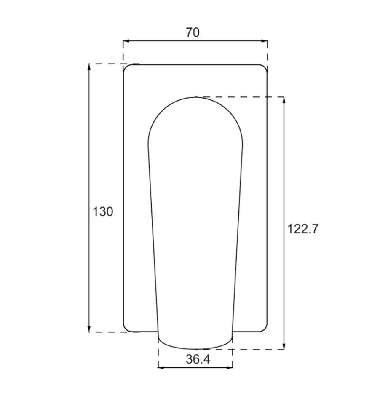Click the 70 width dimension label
coord(193,32)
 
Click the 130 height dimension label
coord(103,212)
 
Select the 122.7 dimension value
coord(303,229)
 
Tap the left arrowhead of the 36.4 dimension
coord(161,368)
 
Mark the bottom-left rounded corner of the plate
coord(125,330)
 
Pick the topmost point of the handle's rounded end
coord(195,97)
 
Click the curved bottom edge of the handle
coord(195,349)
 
